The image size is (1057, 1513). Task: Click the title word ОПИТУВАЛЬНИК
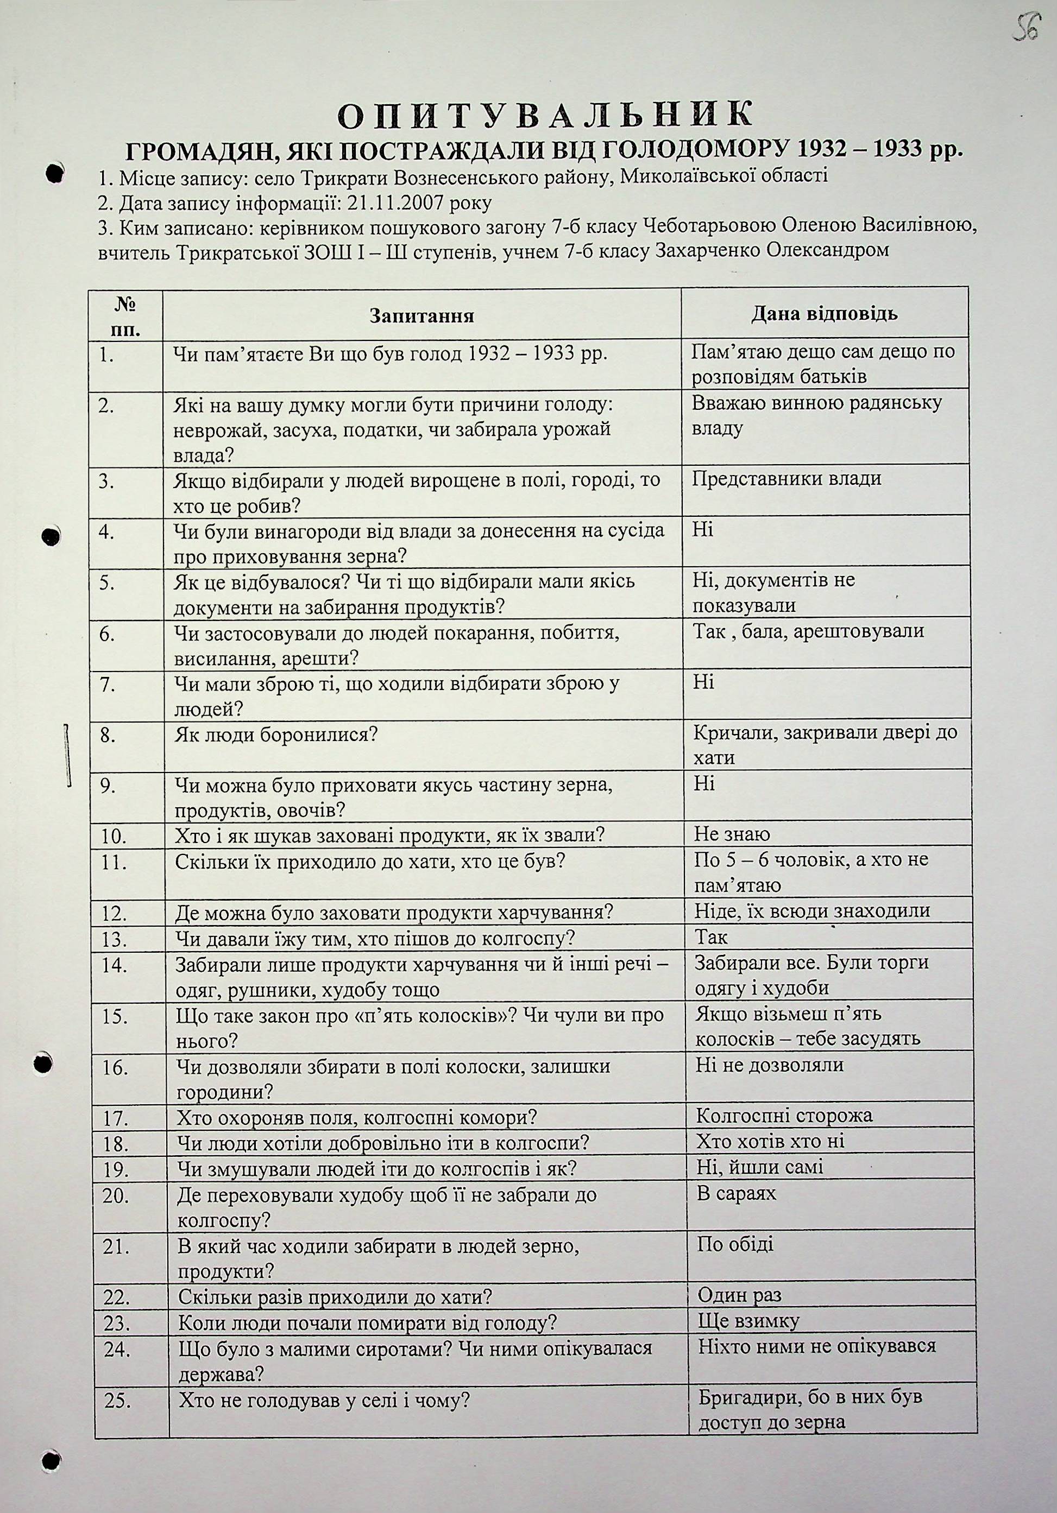click(x=545, y=115)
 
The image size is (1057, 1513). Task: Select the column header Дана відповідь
click(x=824, y=313)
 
